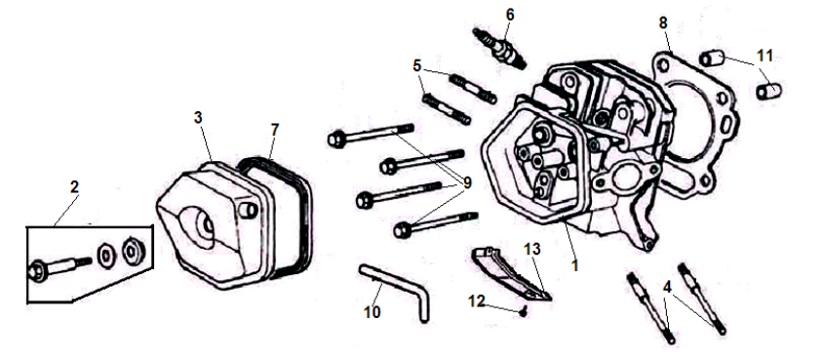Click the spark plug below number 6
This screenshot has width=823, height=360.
coord(499,48)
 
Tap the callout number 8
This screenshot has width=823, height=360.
coord(663,22)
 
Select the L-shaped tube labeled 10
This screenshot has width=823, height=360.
coord(395,292)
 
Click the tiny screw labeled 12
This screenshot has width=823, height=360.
coord(524,312)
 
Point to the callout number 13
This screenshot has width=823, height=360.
coord(531,250)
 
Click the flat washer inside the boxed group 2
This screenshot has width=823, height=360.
coord(105,256)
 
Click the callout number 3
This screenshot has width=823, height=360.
coord(198,117)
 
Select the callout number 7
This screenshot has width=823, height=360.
coord(275,129)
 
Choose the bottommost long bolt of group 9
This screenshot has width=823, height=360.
coord(435,222)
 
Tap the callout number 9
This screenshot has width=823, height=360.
coord(467,182)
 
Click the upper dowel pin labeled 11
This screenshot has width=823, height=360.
coord(712,58)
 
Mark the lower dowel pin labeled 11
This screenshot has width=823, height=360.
coord(769,91)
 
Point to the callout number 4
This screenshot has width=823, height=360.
coord(667,287)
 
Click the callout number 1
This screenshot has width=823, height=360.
coord(574,265)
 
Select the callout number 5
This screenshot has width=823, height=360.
coord(417,66)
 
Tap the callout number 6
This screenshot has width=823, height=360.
coord(510,16)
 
